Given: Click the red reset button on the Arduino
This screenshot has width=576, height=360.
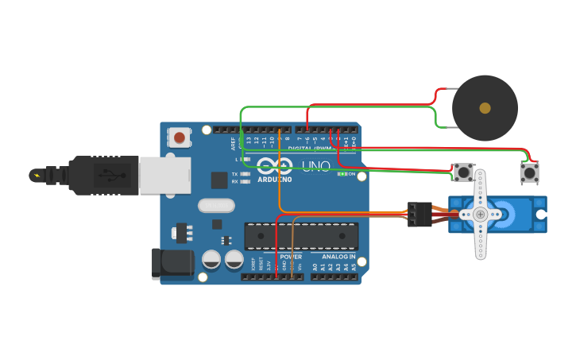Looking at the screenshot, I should (x=180, y=137).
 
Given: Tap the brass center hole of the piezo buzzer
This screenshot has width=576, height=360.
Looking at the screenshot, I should (x=485, y=107).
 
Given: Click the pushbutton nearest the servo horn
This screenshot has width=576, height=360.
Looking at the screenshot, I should (x=463, y=172).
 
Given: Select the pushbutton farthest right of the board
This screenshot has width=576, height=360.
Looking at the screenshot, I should (x=529, y=172).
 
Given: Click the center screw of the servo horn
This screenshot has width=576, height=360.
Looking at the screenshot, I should (x=480, y=215).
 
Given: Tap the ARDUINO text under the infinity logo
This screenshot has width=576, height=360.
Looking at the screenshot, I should (x=274, y=180).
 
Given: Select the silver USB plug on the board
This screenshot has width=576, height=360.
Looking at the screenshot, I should (x=165, y=175).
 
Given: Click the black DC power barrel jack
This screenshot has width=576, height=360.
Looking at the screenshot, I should (x=172, y=263).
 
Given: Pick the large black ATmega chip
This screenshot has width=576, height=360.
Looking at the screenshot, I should (x=301, y=236).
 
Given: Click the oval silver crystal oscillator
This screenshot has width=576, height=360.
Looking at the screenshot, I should (x=216, y=206).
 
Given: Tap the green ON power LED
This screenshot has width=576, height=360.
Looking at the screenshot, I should (x=342, y=173).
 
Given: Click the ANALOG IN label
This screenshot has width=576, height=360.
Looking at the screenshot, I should (x=338, y=257).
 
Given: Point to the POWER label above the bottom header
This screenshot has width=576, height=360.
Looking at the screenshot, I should (x=291, y=257).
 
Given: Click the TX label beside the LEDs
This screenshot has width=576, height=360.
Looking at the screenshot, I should (x=235, y=174).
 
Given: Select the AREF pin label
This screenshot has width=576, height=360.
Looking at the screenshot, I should (x=234, y=144).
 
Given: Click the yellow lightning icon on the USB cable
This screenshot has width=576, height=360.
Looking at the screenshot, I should (x=36, y=174).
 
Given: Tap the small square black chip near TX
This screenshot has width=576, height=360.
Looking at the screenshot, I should (x=219, y=180).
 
